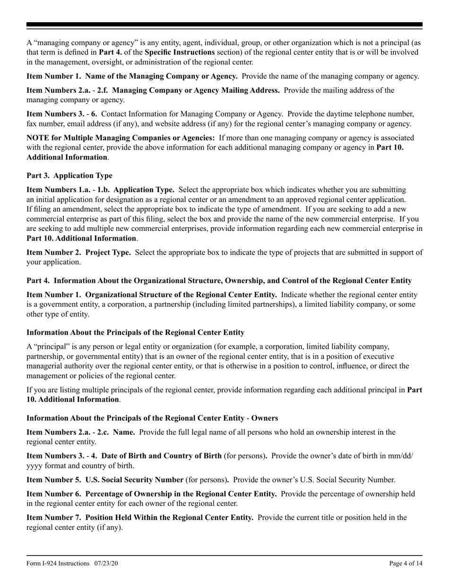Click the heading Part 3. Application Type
click(69, 176)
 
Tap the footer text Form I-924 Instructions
click(58, 563)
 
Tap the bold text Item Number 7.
click(54, 517)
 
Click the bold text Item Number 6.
click(54, 494)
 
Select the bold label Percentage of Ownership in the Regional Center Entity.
click(181, 494)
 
